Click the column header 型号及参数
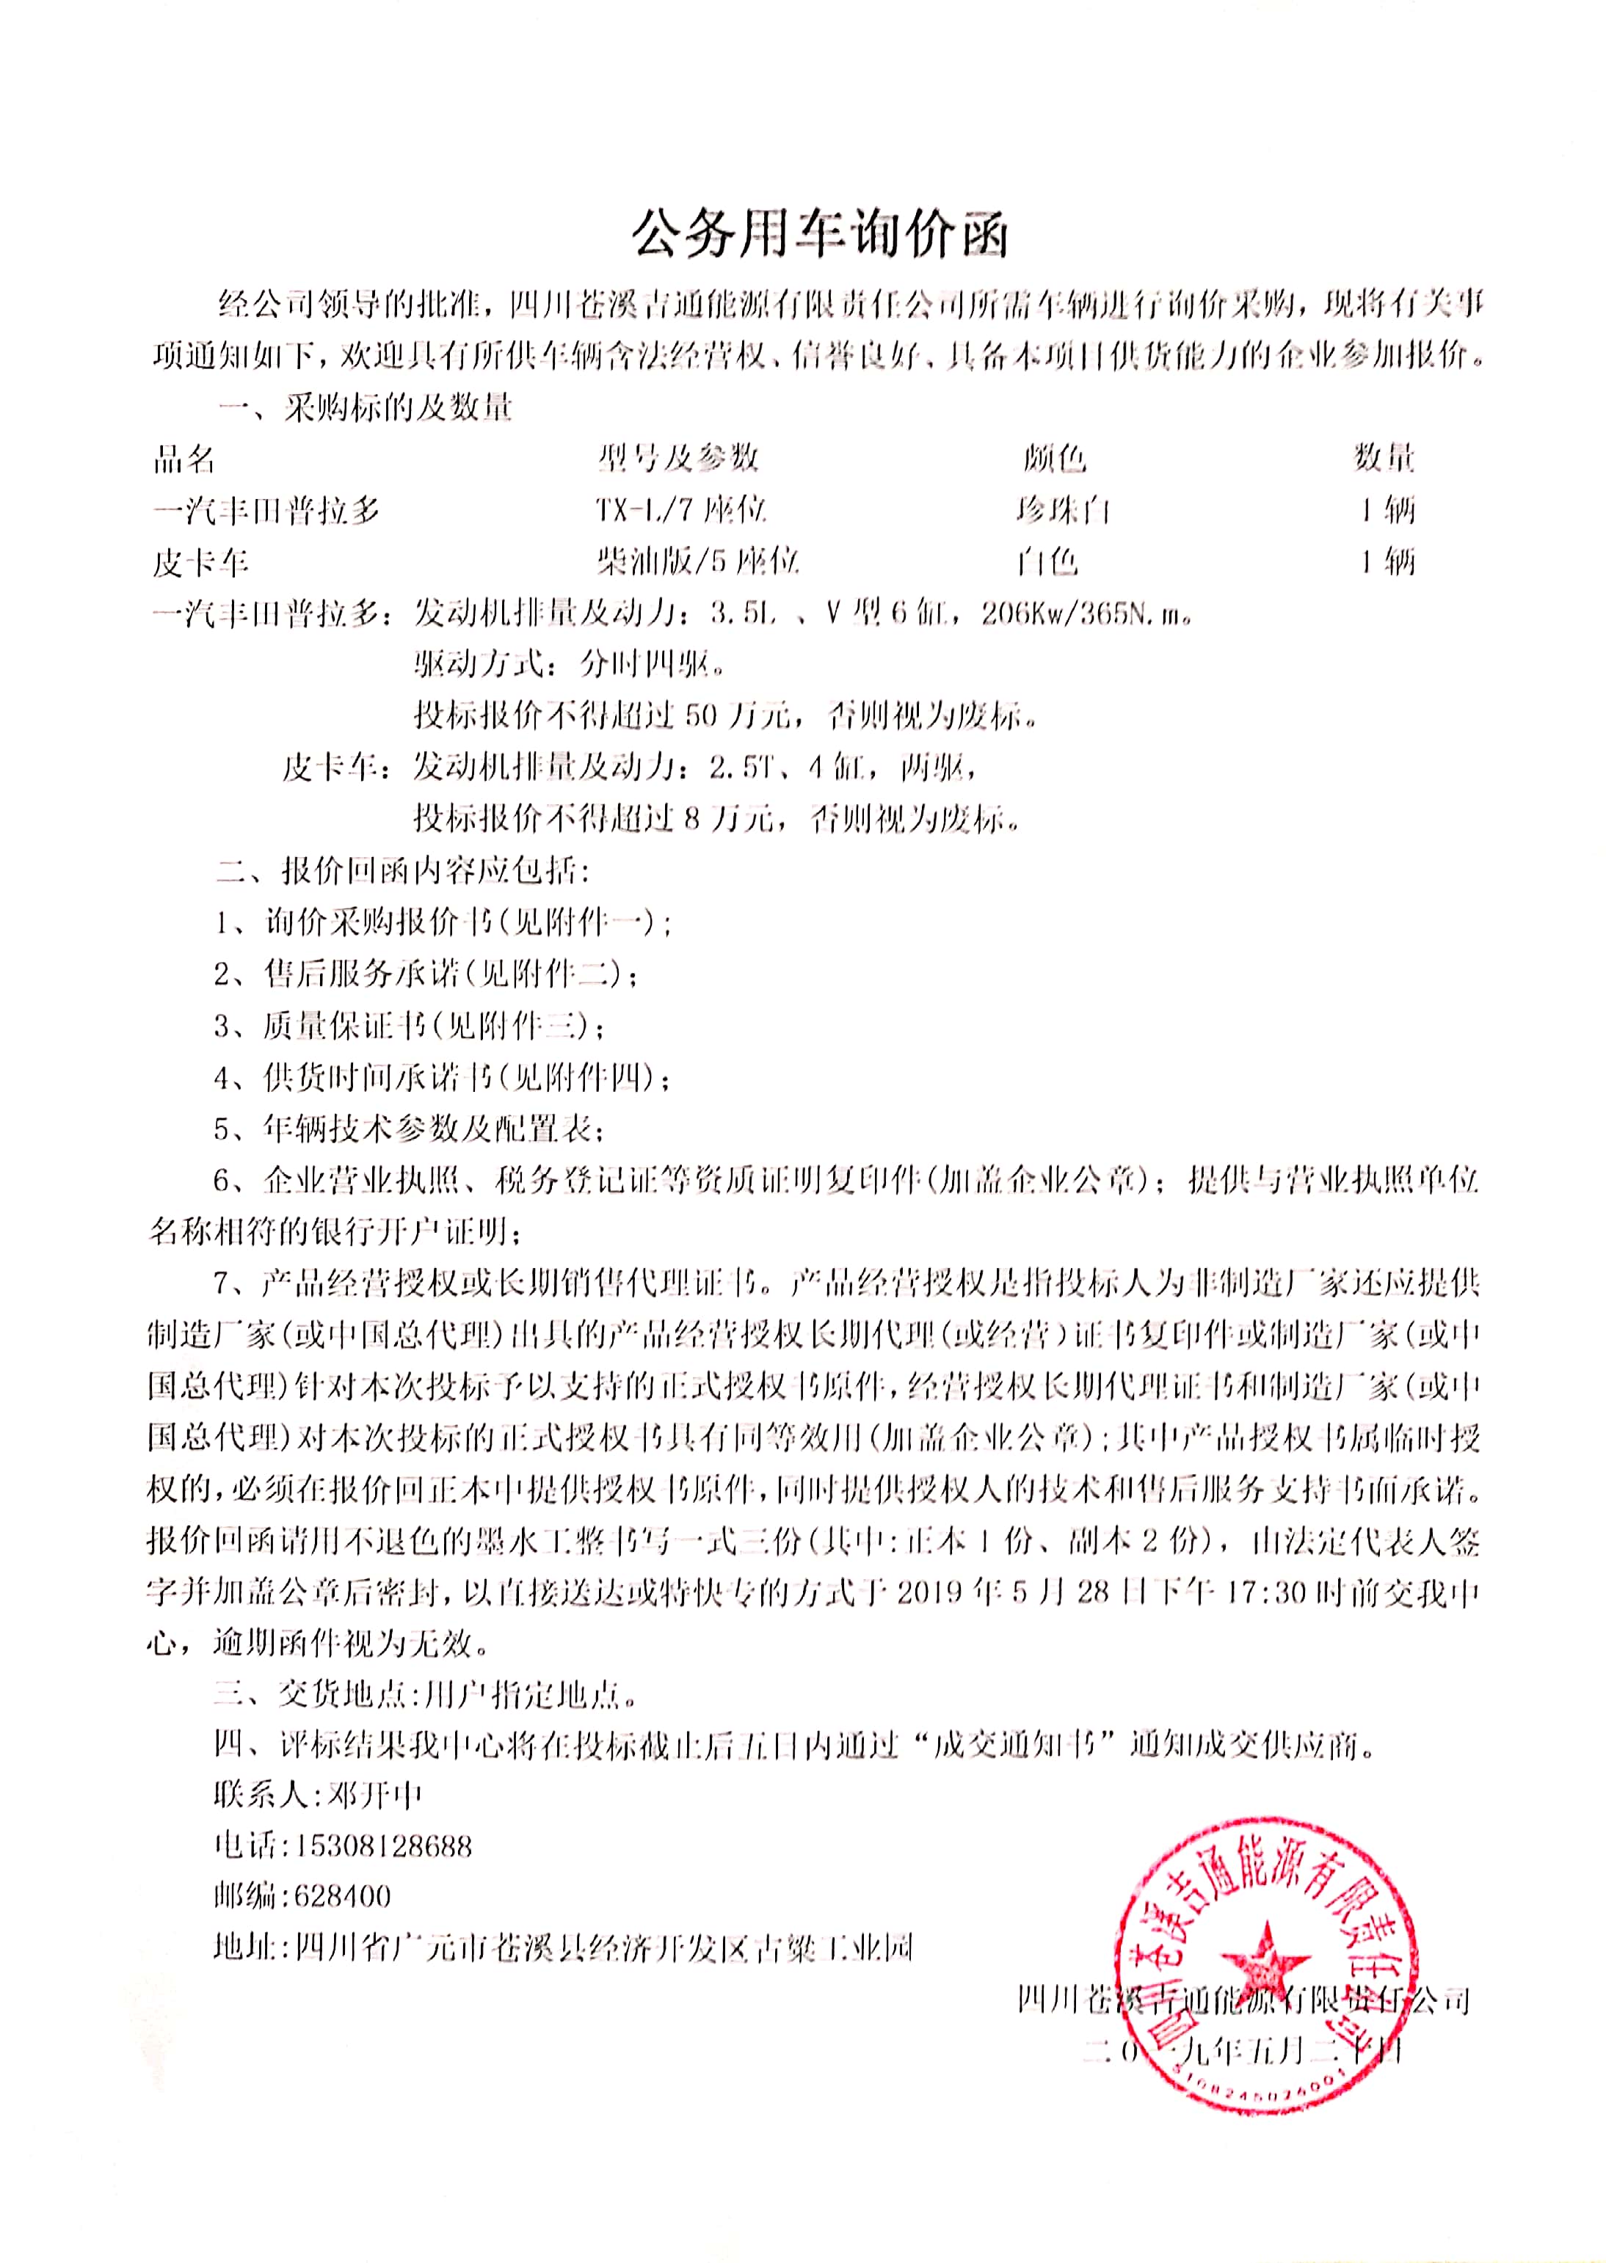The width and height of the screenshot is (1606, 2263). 678,458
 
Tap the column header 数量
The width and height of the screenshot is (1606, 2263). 1384,458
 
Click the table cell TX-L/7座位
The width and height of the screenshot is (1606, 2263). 680,510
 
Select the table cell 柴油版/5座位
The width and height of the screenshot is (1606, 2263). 696,561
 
